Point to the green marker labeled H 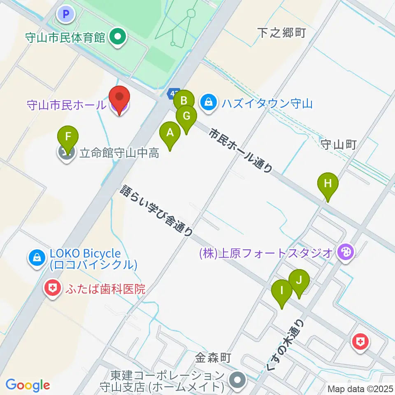click(328, 184)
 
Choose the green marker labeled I click(282, 290)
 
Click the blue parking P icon click(65, 15)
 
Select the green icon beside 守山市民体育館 click(118, 38)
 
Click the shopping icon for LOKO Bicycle click(37, 258)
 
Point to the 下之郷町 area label click(281, 33)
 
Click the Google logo click(28, 385)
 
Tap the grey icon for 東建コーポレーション click(237, 377)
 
